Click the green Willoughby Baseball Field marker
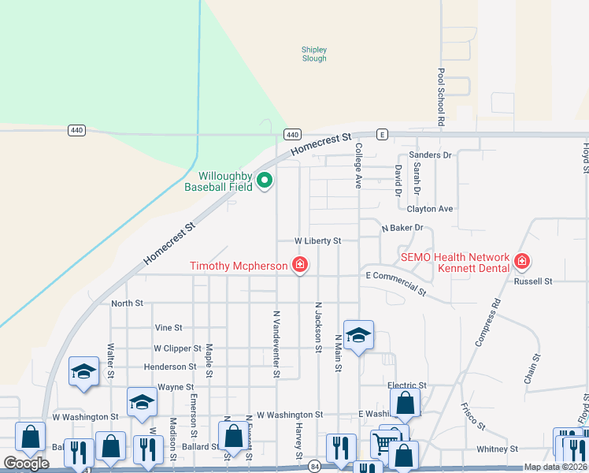[x=265, y=181]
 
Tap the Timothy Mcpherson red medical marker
[x=299, y=265]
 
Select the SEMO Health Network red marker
[x=521, y=261]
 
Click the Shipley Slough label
[x=314, y=54]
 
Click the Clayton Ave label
[x=430, y=209]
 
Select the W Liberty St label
[x=317, y=240]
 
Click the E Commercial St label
[x=396, y=282]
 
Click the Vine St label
[x=169, y=327]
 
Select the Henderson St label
[x=170, y=367]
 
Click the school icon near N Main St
[x=358, y=336]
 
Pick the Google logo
[x=26, y=464]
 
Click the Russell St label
[x=533, y=281]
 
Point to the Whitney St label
[x=498, y=449]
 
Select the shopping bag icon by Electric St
[x=404, y=402]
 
